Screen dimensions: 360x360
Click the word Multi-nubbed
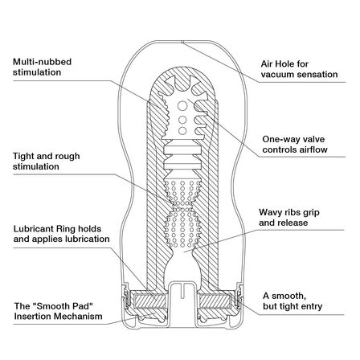point(42,62)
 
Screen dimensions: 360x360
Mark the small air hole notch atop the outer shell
point(182,42)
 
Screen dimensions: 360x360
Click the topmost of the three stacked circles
point(182,105)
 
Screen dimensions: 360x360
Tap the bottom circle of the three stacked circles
point(182,131)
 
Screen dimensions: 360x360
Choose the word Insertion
point(33,317)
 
